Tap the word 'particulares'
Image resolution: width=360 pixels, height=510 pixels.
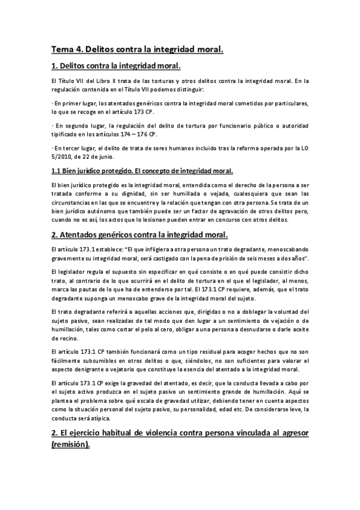291,103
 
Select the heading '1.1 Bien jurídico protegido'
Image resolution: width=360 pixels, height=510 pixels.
95,171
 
